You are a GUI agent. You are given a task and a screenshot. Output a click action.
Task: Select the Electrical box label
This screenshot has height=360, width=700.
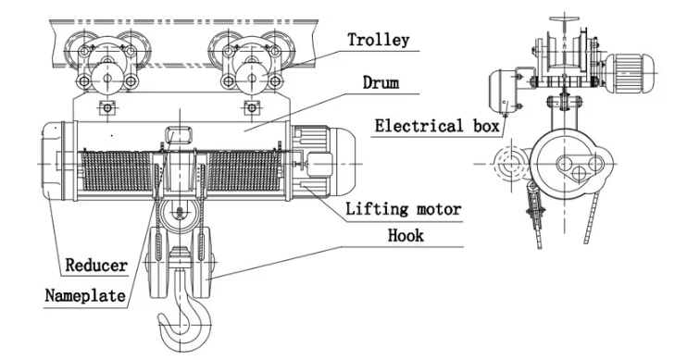(436, 123)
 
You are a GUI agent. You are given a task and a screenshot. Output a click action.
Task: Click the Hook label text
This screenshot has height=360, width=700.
(406, 236)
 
